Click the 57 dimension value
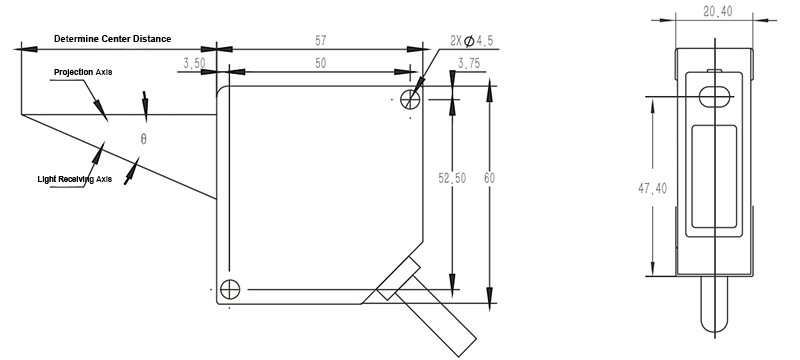pyautogui.click(x=320, y=40)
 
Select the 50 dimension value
pyautogui.click(x=320, y=63)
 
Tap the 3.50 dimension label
pyautogui.click(x=194, y=63)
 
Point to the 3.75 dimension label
pyautogui.click(x=468, y=63)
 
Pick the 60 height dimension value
pyautogui.click(x=489, y=178)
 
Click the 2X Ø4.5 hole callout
pyautogui.click(x=471, y=41)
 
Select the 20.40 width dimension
pyautogui.click(x=717, y=12)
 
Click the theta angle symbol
pyautogui.click(x=143, y=139)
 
